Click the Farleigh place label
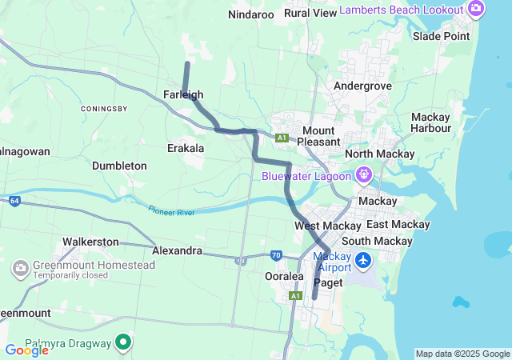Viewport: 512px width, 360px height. pos(182,94)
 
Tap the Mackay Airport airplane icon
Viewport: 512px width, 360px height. pos(364,260)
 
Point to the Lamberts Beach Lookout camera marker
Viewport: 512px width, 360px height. pos(476,10)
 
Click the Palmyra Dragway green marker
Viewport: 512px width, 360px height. pos(123,343)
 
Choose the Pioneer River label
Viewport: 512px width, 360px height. pos(172,210)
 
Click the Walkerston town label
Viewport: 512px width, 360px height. pos(90,242)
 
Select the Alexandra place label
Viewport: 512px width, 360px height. pos(177,250)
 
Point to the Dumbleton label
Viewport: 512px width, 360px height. pos(119,166)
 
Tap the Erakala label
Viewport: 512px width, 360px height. pos(186,148)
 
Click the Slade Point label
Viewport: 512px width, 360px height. pos(441,36)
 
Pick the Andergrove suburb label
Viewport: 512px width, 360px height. pos(362,86)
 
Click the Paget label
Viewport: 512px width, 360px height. pos(328,282)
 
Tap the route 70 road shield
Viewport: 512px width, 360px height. pos(276,255)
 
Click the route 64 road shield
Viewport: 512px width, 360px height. pos(14,200)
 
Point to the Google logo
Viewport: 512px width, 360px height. pos(26,350)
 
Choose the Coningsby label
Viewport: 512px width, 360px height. pos(104,108)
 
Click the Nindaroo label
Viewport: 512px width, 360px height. pos(251,14)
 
